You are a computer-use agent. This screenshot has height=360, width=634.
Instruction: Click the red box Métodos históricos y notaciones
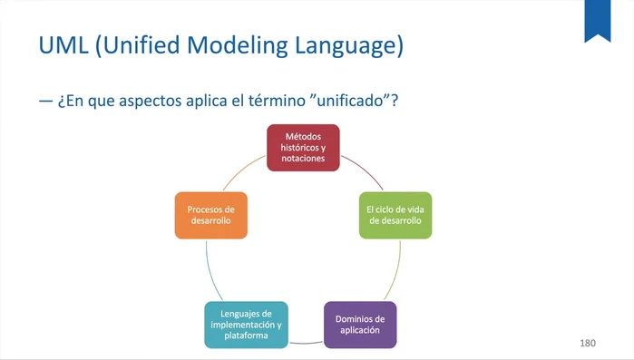coord(303,148)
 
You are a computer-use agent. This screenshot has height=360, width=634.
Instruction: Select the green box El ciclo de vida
coord(395,215)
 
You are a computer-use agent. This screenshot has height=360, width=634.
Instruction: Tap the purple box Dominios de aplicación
coord(360,325)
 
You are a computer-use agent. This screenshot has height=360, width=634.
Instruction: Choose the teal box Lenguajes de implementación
coord(246,325)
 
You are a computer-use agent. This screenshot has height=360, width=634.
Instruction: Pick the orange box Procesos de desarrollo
coord(210,215)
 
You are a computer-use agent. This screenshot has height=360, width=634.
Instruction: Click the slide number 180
coord(588,344)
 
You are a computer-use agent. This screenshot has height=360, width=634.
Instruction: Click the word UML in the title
coord(63,45)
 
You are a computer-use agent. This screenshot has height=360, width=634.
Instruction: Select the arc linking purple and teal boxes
coord(306,344)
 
